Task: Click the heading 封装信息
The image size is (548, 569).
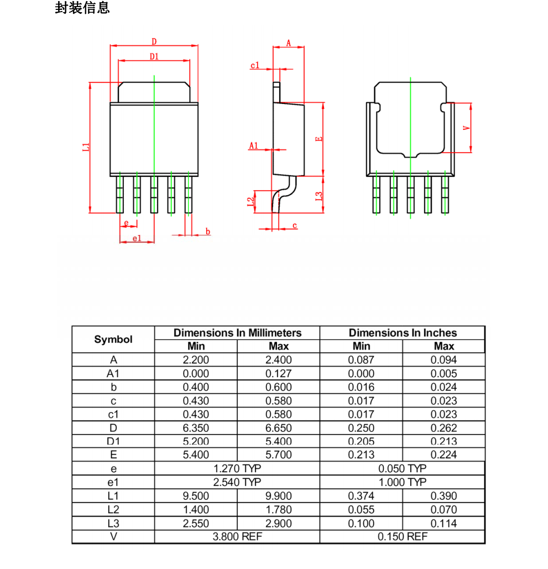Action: coord(82,8)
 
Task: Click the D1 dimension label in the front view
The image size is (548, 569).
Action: coord(154,56)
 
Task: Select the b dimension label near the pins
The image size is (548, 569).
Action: coord(208,231)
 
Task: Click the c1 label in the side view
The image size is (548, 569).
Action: coord(255,65)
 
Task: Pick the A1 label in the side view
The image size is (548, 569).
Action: coord(253,145)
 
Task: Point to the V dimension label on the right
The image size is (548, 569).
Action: coord(466,127)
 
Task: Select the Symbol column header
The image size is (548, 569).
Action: coord(113,339)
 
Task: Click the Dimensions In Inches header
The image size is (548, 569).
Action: coord(403,333)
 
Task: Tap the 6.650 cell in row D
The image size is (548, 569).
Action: coord(278,428)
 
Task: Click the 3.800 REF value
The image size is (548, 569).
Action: coord(237,537)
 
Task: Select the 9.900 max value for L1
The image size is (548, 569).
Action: coord(278,496)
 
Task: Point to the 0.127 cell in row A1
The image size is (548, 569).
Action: coord(278,373)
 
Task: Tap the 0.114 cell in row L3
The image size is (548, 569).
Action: coord(443,523)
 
